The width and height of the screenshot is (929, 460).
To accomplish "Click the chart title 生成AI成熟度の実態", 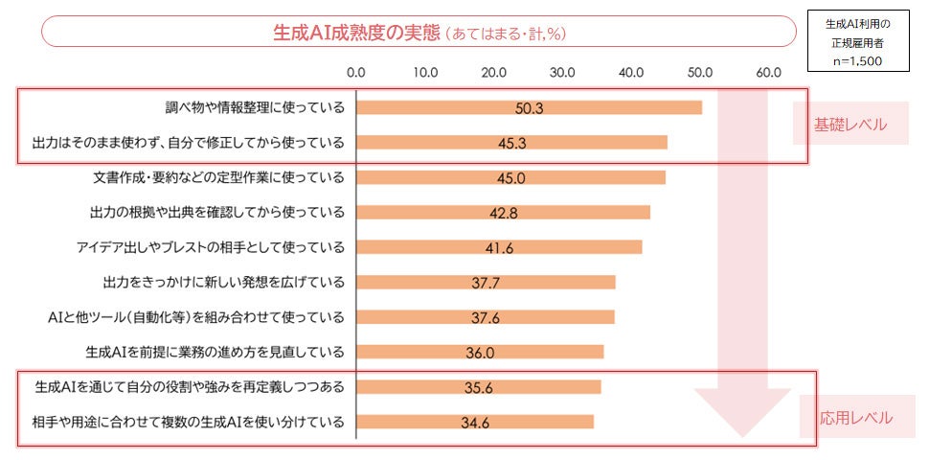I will (356, 32).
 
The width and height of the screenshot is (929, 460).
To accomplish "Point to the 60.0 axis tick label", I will (768, 72).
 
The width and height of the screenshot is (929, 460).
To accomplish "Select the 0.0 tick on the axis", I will (356, 72).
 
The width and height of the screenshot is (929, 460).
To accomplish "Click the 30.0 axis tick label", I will (562, 72).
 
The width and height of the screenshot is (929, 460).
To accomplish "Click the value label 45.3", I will (511, 144).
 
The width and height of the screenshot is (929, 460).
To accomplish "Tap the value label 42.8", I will (503, 213).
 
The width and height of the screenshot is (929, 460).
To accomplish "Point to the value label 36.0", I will (480, 352).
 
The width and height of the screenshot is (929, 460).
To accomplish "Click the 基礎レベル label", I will (850, 125).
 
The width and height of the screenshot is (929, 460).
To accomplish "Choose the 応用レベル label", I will (855, 418).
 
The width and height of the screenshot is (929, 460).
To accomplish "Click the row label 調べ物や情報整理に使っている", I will (254, 107).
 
